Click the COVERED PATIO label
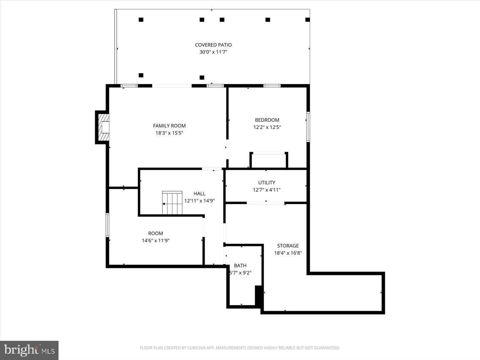click(x=213, y=45)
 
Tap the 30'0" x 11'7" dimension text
click(x=213, y=52)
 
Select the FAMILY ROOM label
click(x=169, y=126)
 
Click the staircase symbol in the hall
click(x=172, y=203)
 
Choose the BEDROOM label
click(x=267, y=120)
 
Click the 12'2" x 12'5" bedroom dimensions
click(x=267, y=127)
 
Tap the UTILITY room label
click(x=266, y=182)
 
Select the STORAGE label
click(x=288, y=246)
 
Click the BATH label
click(x=240, y=265)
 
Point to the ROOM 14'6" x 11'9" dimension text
click(x=155, y=241)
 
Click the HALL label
click(x=199, y=193)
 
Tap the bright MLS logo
click(x=29, y=350)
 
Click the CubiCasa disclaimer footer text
click(x=240, y=348)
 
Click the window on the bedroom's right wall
click(x=308, y=127)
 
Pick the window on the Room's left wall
click(x=107, y=225)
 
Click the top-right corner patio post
click(x=307, y=20)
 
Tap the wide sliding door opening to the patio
click(x=172, y=86)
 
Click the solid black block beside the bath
click(x=258, y=295)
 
